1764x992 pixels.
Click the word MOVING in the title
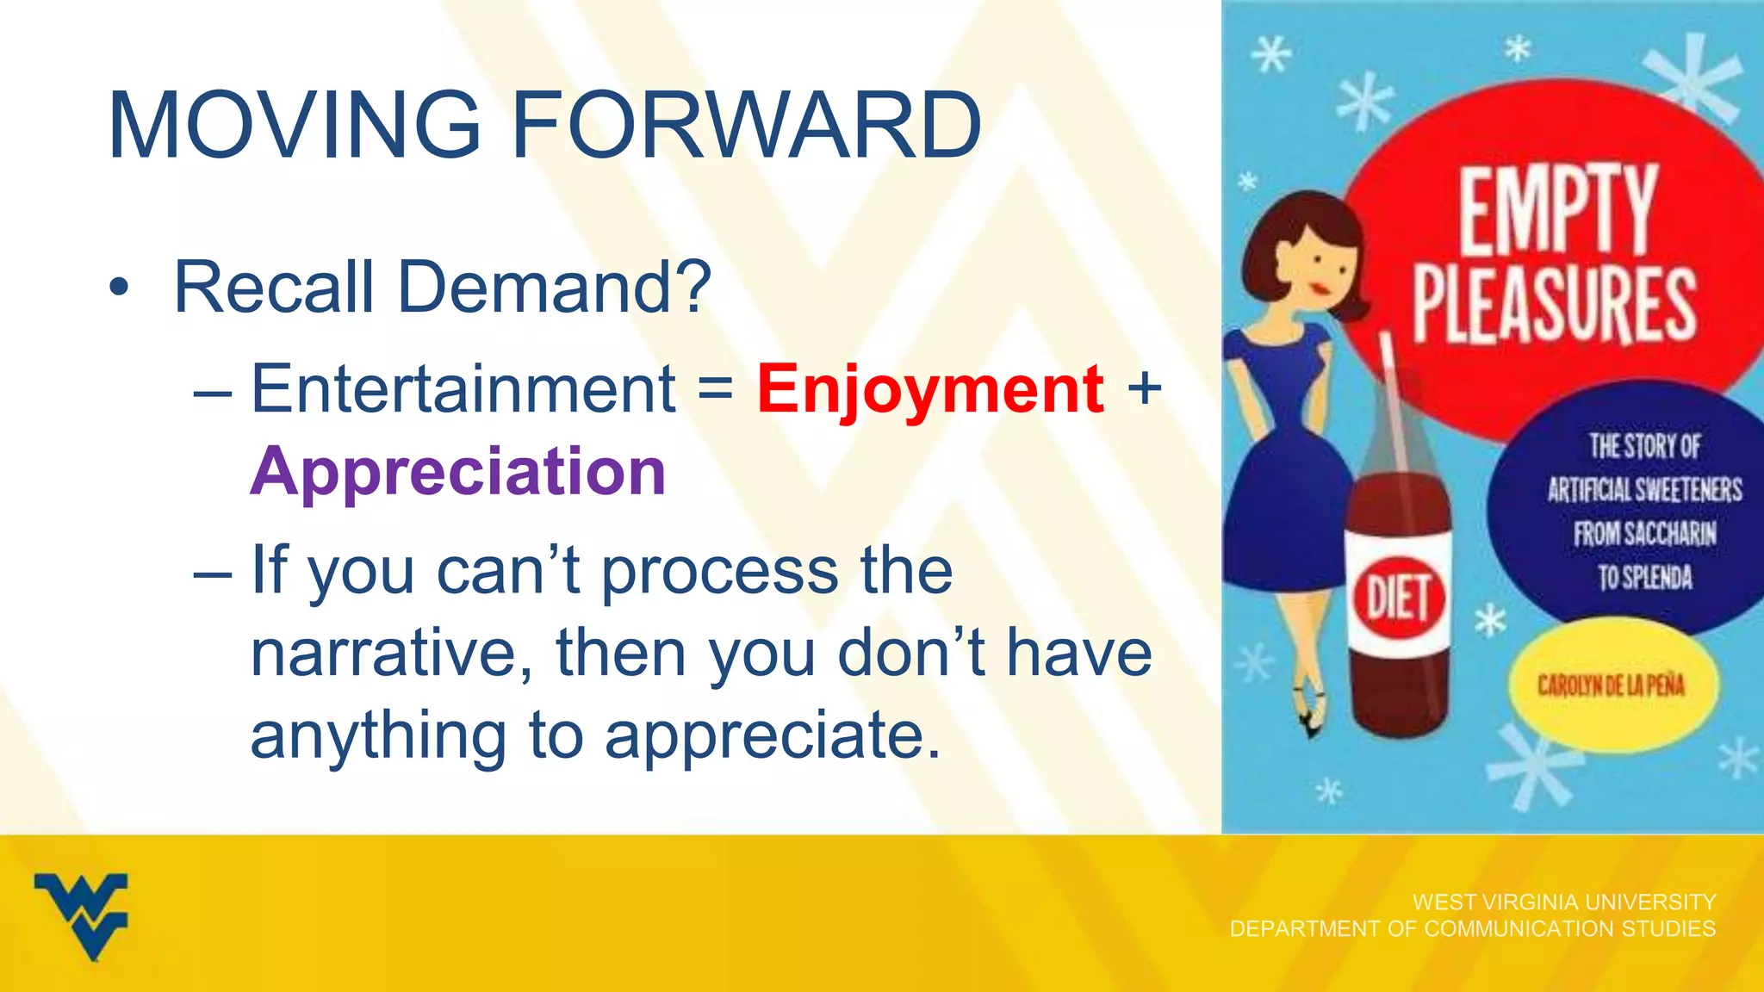tap(294, 126)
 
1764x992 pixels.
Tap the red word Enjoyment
tap(930, 389)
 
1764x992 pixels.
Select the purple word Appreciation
tap(458, 472)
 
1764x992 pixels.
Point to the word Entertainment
tap(463, 389)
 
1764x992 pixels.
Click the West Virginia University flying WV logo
tap(82, 914)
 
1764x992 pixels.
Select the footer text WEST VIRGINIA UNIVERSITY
tap(1564, 902)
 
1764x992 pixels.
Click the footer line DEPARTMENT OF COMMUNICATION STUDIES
tap(1472, 929)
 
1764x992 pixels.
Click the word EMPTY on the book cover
tap(1556, 211)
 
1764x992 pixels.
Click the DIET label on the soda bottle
tap(1398, 597)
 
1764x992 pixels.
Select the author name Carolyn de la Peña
tap(1611, 685)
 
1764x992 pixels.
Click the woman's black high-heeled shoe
tap(1311, 720)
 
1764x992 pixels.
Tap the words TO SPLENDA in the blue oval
tap(1644, 577)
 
